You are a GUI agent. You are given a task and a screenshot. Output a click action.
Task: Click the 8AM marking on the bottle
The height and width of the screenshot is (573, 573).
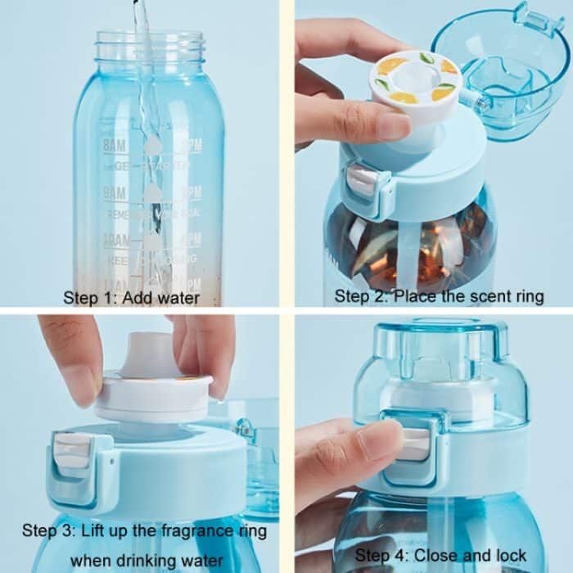[x=115, y=145]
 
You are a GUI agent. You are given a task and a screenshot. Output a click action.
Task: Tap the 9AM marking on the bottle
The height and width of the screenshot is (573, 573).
[x=115, y=193]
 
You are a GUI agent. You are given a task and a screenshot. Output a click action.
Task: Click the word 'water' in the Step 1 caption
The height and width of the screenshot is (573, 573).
[x=175, y=297]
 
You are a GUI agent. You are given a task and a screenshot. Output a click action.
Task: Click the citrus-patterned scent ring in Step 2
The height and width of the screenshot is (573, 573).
[x=415, y=82]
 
